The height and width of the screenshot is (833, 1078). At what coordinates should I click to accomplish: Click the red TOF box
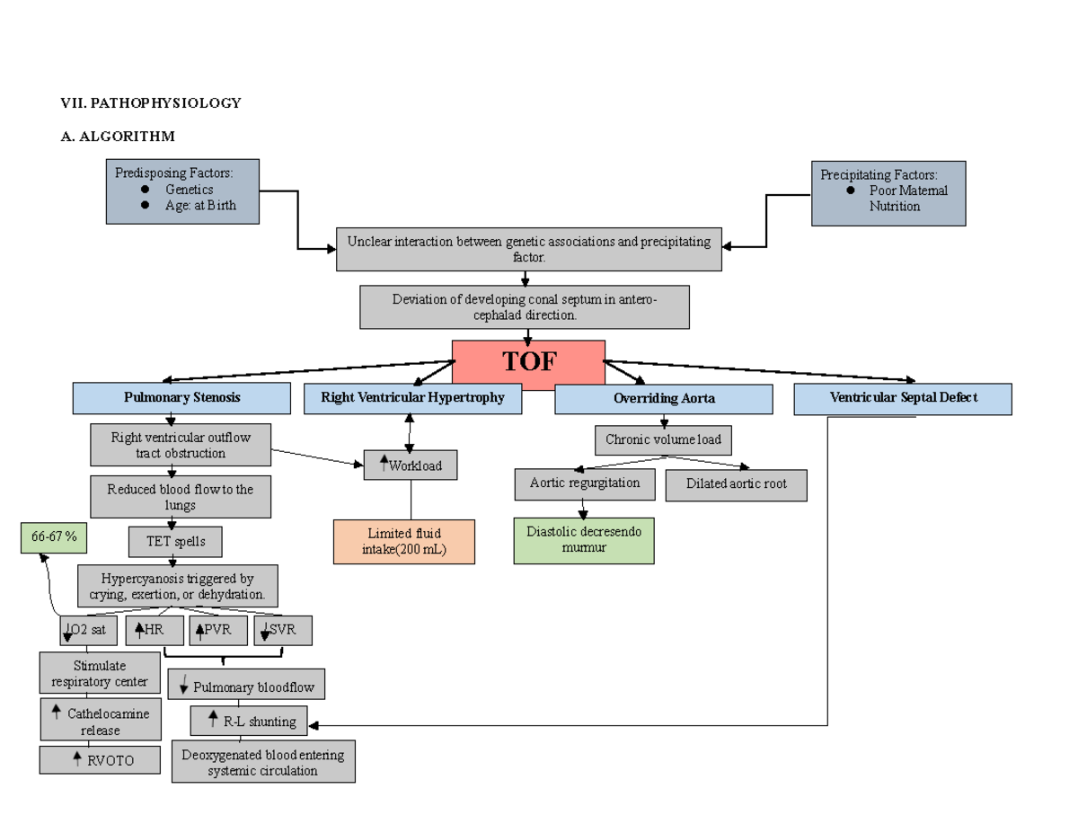pos(528,362)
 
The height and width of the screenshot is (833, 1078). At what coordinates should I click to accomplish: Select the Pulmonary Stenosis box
pos(182,397)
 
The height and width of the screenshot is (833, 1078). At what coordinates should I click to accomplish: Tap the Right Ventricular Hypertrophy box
pos(413,397)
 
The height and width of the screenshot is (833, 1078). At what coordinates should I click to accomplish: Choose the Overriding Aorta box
pos(663,398)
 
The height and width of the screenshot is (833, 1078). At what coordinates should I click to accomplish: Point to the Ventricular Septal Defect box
pos(903,398)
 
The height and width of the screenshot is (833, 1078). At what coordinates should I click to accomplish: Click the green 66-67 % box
pos(54,537)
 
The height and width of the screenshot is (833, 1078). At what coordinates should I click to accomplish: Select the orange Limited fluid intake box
pos(403,542)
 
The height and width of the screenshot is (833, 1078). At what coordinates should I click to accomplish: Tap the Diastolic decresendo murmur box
pos(584,539)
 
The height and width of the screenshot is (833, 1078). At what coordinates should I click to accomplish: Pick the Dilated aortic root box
pos(736,484)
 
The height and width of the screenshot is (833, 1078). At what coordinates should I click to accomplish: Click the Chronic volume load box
pos(663,440)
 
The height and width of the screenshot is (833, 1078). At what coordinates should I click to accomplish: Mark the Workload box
pos(411,465)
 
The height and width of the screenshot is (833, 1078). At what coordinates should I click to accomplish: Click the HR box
pos(155,631)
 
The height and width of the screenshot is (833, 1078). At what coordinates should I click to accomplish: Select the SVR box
pos(283,631)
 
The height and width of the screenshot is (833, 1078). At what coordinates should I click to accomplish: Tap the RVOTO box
pos(100,760)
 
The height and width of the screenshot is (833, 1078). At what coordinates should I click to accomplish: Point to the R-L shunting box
pos(249,721)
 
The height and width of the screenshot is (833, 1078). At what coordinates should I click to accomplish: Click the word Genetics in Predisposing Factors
pos(189,190)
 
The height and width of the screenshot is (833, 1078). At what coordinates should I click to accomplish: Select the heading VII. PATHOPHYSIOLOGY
pos(151,103)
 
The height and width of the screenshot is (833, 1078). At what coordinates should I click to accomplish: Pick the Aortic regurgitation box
pos(585,483)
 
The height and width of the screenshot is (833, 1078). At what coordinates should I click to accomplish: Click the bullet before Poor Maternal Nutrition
pos(850,191)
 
